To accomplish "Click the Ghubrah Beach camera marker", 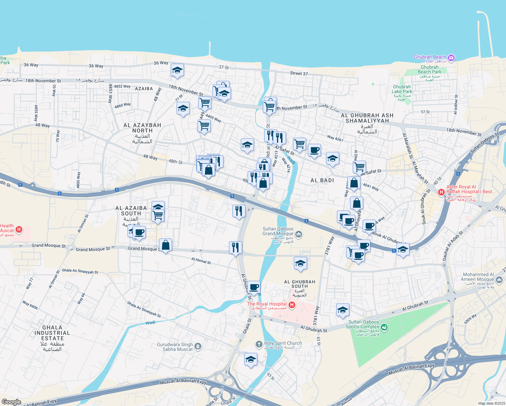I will point(451,58).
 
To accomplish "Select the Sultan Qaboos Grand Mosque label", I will point(278,231).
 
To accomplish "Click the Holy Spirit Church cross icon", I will point(259,344).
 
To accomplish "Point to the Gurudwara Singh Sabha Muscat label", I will point(175,347).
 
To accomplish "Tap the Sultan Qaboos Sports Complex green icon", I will point(384,327).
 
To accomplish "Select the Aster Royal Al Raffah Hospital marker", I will point(441,192).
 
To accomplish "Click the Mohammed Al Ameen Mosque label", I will point(477,277).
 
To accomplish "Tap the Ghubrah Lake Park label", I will point(402,89).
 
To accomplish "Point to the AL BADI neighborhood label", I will point(322,180).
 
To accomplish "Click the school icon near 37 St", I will point(177,70).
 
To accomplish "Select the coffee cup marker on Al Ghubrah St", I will point(254,287).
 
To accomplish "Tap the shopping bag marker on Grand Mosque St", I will point(165,245).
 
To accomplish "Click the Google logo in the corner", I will point(11,402).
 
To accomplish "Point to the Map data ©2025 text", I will point(491,403).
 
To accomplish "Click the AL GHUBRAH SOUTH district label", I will point(299,284).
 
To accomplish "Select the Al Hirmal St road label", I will point(201,261).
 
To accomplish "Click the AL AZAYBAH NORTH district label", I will point(142,128).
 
